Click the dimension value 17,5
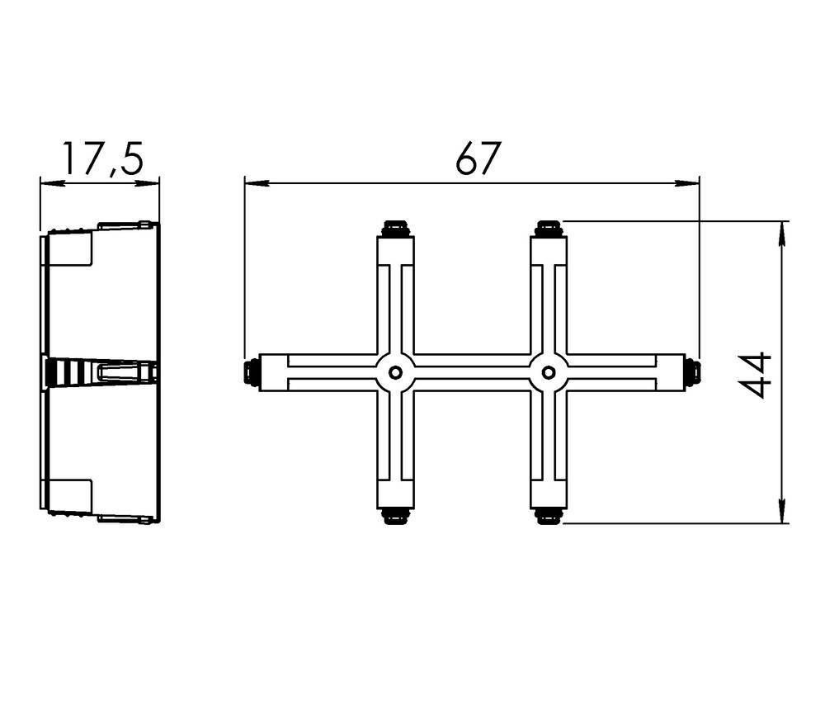[102, 158]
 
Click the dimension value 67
[478, 158]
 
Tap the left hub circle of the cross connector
[395, 372]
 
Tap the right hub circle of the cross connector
[548, 372]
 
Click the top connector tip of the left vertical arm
[395, 227]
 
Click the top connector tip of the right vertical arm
[548, 227]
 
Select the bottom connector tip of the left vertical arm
[395, 517]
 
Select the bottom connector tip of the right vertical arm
[548, 517]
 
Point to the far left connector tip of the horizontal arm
[251, 372]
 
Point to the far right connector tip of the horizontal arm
[693, 372]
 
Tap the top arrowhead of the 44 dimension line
[782, 231]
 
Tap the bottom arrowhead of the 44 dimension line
[782, 513]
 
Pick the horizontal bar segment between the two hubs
[471, 372]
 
